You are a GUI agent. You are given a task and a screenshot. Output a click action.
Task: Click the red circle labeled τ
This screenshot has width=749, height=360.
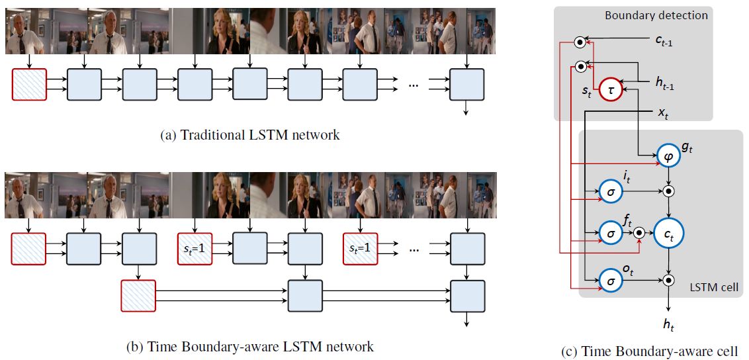(612, 91)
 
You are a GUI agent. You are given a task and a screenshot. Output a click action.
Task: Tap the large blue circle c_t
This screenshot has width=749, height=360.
(669, 233)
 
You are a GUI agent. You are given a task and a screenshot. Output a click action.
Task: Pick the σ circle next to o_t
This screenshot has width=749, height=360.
(612, 281)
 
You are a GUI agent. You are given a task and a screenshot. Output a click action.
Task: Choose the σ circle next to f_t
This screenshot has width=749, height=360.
(612, 233)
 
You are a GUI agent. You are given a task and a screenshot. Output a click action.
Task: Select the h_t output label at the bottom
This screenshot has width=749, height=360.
(669, 325)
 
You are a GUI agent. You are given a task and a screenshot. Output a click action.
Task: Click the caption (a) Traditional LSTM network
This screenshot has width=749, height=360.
(250, 136)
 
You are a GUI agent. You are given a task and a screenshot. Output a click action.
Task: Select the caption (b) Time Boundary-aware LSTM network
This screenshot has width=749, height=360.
(249, 346)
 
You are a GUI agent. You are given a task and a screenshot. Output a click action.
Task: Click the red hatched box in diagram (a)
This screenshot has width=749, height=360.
(29, 84)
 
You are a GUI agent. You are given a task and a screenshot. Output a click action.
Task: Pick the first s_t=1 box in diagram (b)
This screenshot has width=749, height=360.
(195, 249)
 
